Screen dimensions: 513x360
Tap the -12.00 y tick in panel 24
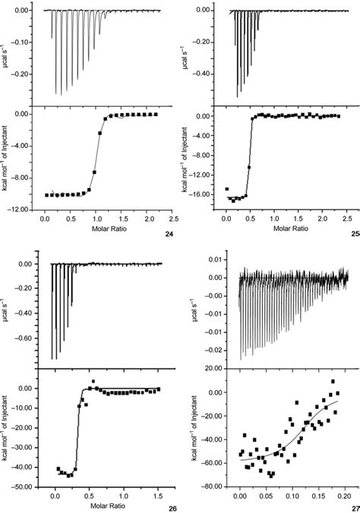coord(19,209)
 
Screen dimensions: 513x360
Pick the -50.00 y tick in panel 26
coord(19,486)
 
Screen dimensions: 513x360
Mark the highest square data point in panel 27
coord(332,382)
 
